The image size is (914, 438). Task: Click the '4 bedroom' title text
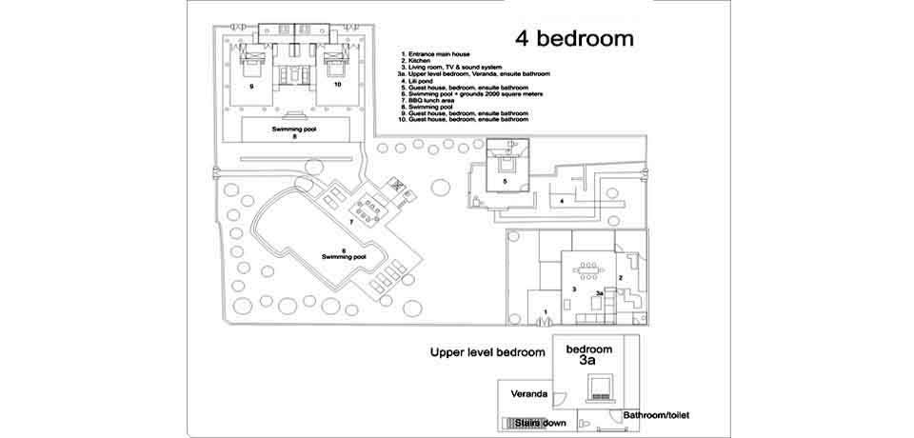(574, 39)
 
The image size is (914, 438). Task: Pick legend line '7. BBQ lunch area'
(428, 100)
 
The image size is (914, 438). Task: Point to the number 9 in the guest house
(251, 86)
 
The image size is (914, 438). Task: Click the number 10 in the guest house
(336, 86)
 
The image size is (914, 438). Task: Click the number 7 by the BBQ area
(351, 222)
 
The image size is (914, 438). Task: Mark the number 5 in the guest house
(505, 180)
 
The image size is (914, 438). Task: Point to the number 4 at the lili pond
(562, 202)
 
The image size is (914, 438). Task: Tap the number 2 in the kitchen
(621, 277)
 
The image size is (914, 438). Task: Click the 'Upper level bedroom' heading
(487, 352)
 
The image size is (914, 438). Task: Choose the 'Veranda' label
(528, 393)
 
